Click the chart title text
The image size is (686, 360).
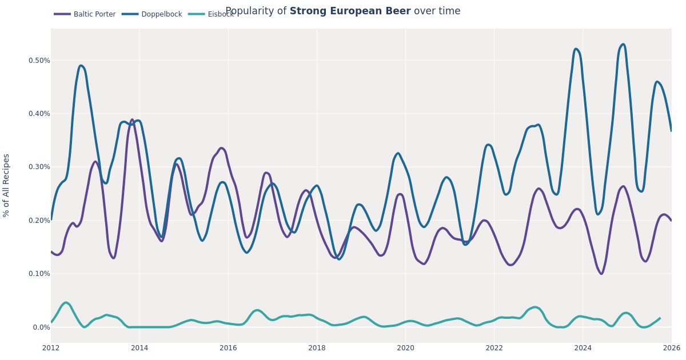[x=342, y=11]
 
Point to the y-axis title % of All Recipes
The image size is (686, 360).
[x=7, y=185]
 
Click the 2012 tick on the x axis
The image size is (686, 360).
[x=51, y=348]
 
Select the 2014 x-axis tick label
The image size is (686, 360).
[x=139, y=348]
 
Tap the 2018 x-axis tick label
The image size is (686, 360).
[x=317, y=348]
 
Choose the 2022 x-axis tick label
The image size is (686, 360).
[x=494, y=348]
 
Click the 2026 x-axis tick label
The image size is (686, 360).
[x=671, y=348]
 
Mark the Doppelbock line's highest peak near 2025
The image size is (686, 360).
[x=623, y=45]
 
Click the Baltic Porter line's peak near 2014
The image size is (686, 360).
[x=132, y=120]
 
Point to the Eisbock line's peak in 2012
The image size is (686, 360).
[x=66, y=303]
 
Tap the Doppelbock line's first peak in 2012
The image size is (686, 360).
[x=81, y=66]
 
